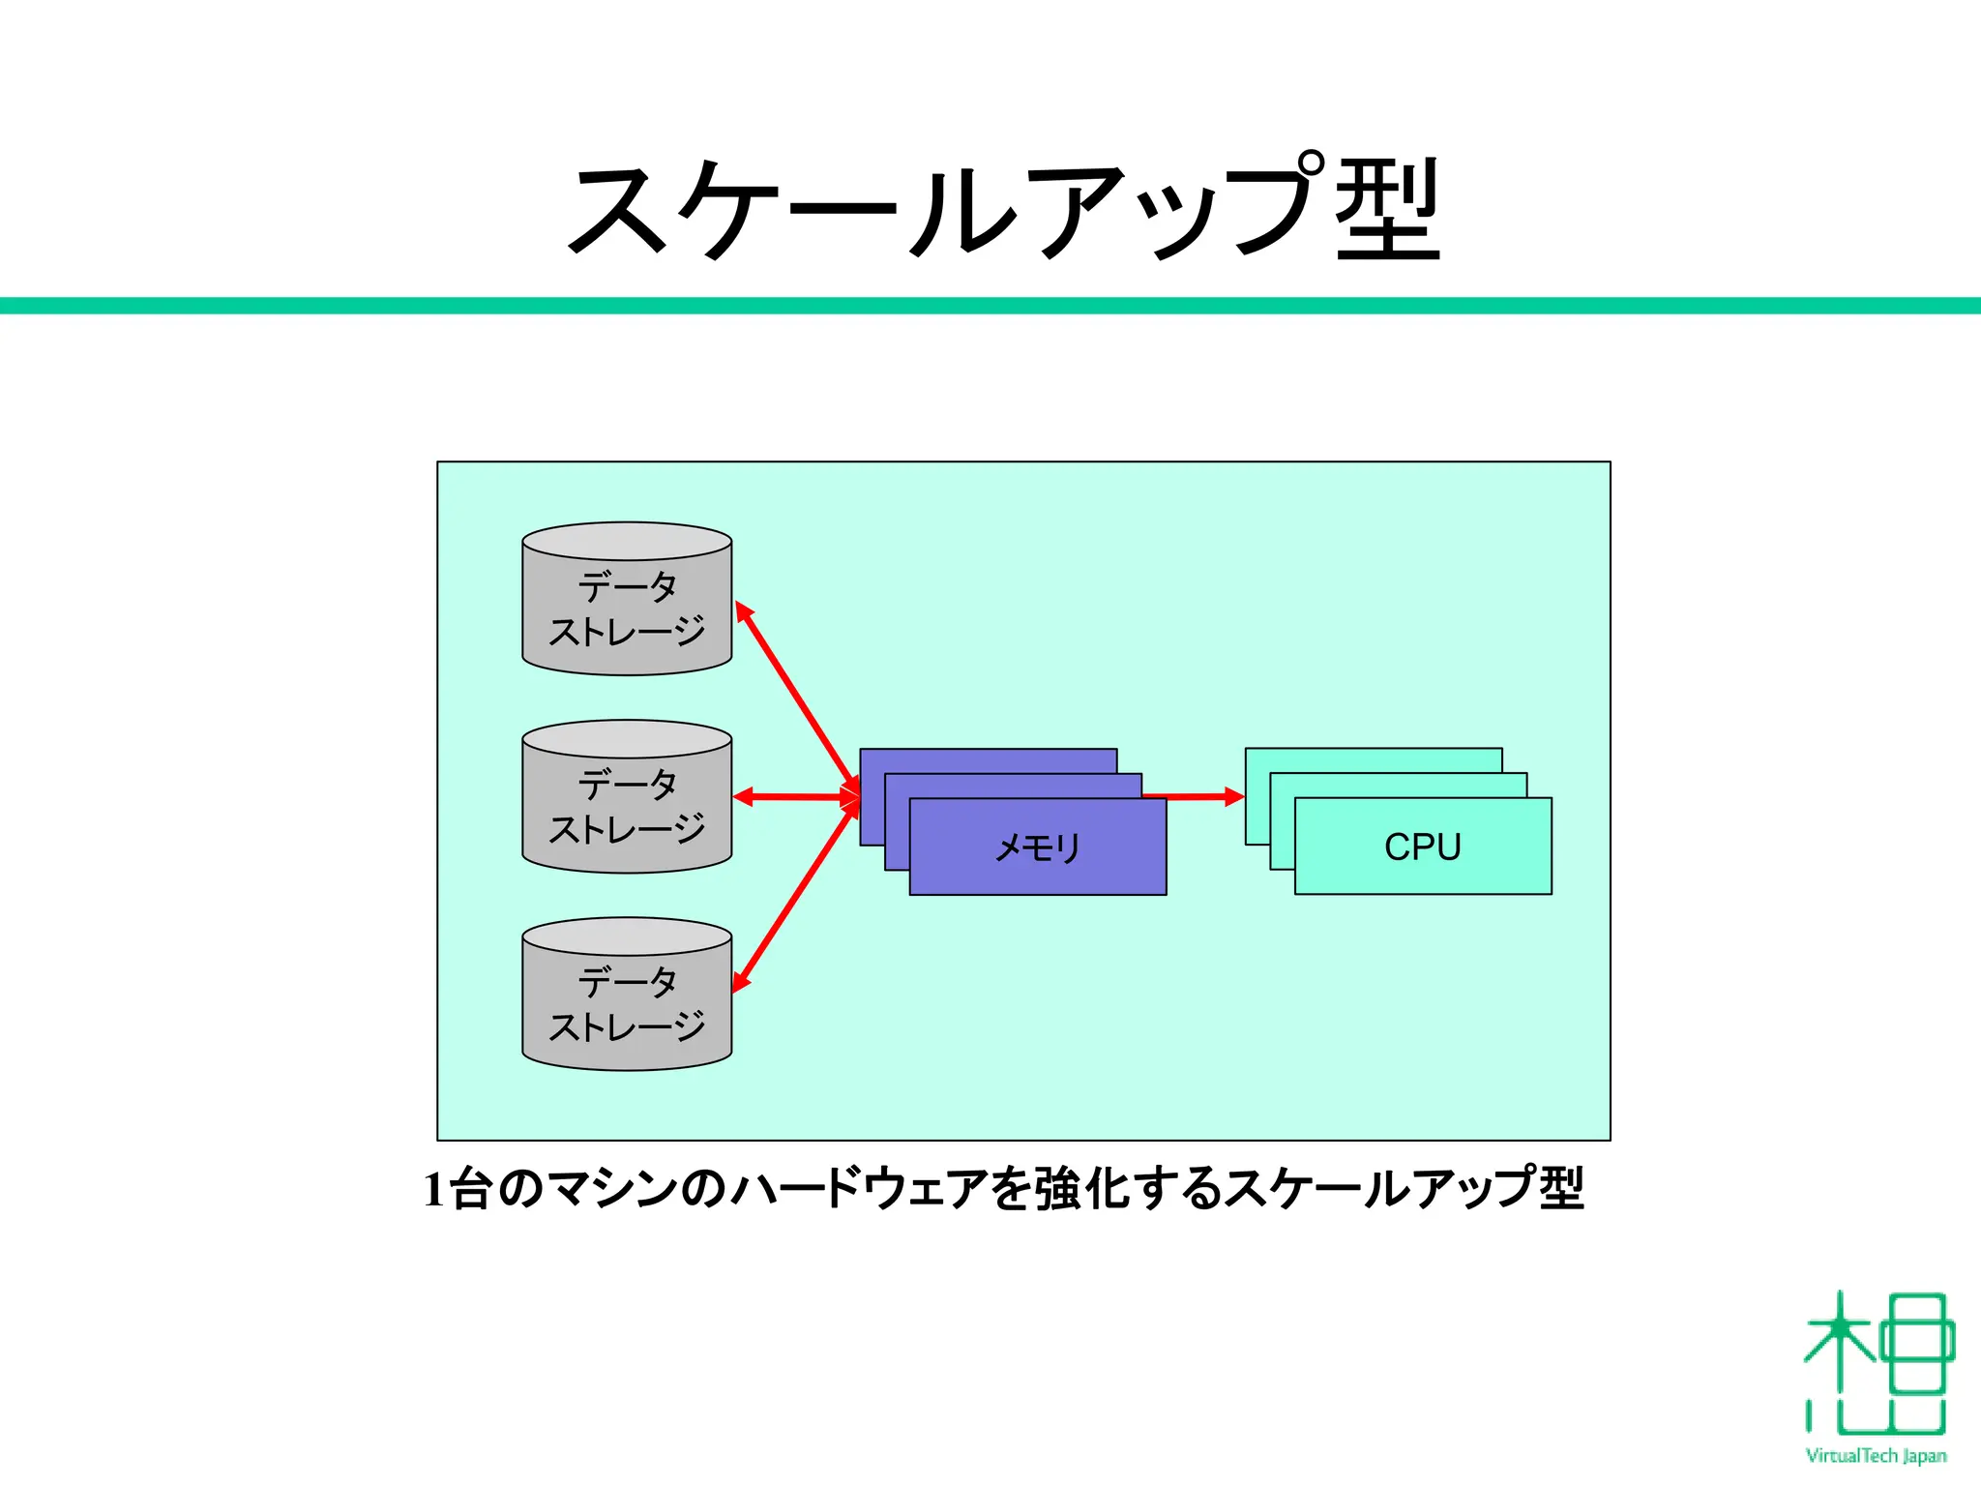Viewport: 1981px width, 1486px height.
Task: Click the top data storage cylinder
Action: click(x=627, y=609)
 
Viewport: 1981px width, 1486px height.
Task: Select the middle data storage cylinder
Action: click(x=627, y=807)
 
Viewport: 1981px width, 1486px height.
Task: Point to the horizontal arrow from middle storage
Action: click(x=793, y=797)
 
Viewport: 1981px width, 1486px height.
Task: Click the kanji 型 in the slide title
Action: click(x=1388, y=209)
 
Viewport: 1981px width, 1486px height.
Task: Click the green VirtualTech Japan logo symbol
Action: click(x=1877, y=1364)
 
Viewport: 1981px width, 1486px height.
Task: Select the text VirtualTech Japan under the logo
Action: click(x=1877, y=1456)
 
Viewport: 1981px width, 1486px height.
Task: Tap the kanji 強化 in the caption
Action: click(x=1083, y=1189)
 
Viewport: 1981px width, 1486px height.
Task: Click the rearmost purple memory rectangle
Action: click(x=987, y=760)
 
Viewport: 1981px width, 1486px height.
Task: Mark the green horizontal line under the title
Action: click(x=990, y=306)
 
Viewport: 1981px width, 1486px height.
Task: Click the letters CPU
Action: click(x=1423, y=847)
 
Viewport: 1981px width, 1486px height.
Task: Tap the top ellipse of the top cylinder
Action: click(x=627, y=541)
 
